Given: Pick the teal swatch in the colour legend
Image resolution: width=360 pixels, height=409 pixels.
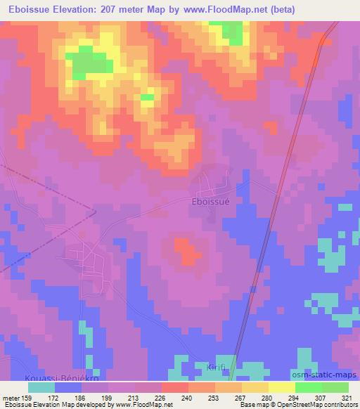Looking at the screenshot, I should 41,388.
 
